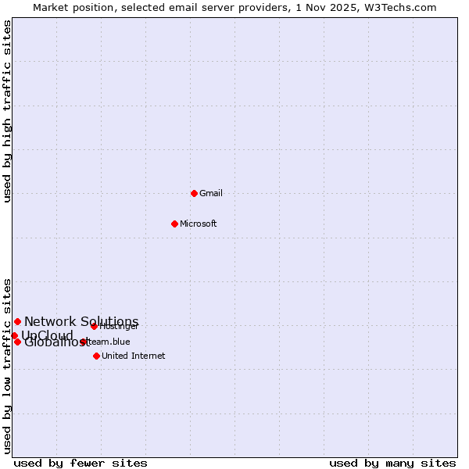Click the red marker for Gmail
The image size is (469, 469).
(x=194, y=193)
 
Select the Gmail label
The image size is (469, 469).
(x=211, y=193)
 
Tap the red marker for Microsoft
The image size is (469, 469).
(x=174, y=224)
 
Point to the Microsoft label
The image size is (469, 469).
(x=198, y=224)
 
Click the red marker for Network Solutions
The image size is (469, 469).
(x=17, y=321)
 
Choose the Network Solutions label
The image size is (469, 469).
(x=81, y=321)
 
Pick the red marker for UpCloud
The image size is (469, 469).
(x=14, y=335)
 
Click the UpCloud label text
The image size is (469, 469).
(x=47, y=335)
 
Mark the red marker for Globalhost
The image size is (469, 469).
(x=17, y=342)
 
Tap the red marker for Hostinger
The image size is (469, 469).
(x=94, y=326)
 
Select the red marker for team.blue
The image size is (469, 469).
(x=83, y=342)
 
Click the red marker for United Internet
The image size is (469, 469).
(x=96, y=356)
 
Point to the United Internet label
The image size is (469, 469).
(x=133, y=356)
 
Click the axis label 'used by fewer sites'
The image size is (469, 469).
(x=81, y=463)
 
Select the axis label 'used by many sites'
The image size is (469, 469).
(x=392, y=463)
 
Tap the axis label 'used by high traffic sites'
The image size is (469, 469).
(x=7, y=111)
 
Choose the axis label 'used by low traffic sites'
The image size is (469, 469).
(x=7, y=365)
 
